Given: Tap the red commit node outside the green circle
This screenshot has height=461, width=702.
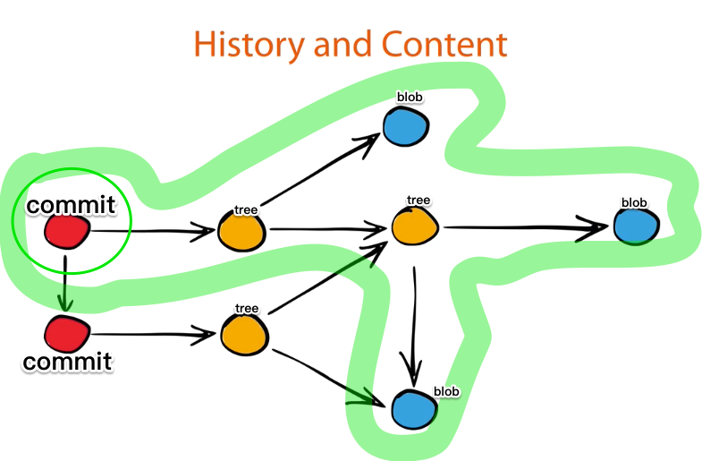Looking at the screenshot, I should (68, 334).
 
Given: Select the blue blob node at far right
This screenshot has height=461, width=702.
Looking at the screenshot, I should (638, 225).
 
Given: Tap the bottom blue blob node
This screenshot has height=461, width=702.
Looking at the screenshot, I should (414, 409).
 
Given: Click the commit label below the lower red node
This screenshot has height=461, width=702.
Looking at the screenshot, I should (68, 362).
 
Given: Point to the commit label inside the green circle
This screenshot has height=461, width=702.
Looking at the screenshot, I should (72, 205).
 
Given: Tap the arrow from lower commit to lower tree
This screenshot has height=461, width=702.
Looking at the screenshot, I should (152, 336).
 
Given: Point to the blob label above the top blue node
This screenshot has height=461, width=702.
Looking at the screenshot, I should (409, 96).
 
